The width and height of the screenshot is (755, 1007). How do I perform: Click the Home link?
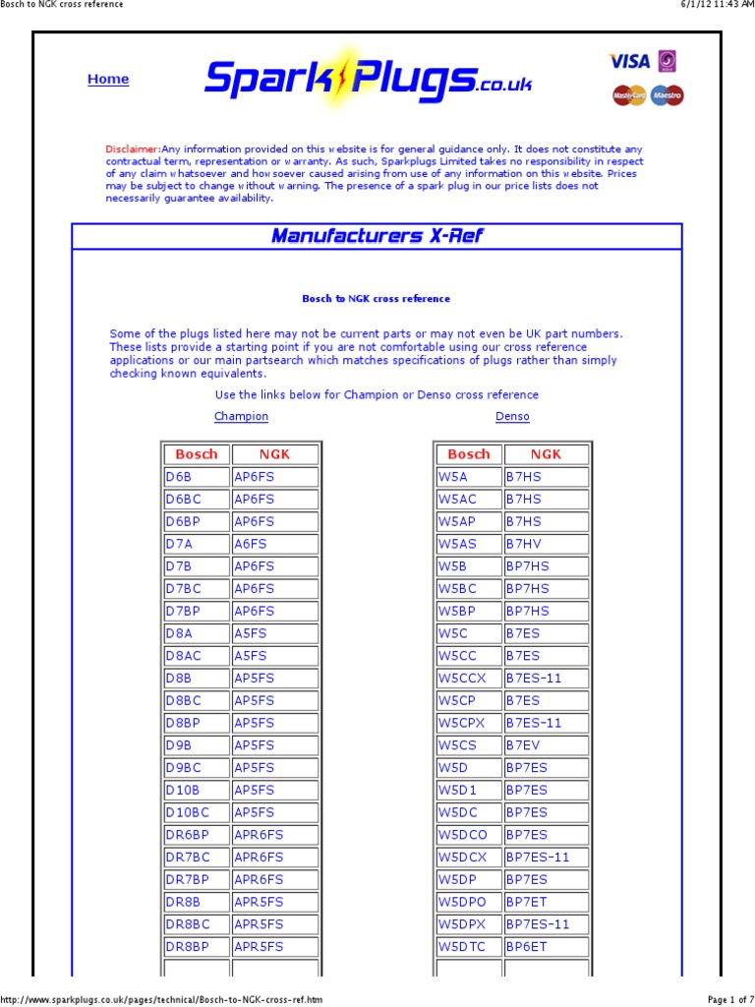pos(108,80)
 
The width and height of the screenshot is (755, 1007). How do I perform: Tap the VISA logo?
pos(630,61)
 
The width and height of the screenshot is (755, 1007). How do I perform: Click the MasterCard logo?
pos(629,95)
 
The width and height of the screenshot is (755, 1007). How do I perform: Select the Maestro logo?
pos(668,95)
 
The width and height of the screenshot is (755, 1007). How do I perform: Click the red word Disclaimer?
pos(133,148)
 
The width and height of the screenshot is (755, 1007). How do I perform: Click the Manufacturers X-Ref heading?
pos(377,236)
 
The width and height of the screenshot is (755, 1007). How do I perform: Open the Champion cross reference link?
pos(241,417)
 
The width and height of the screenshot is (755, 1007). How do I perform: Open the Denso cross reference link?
pos(512,417)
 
